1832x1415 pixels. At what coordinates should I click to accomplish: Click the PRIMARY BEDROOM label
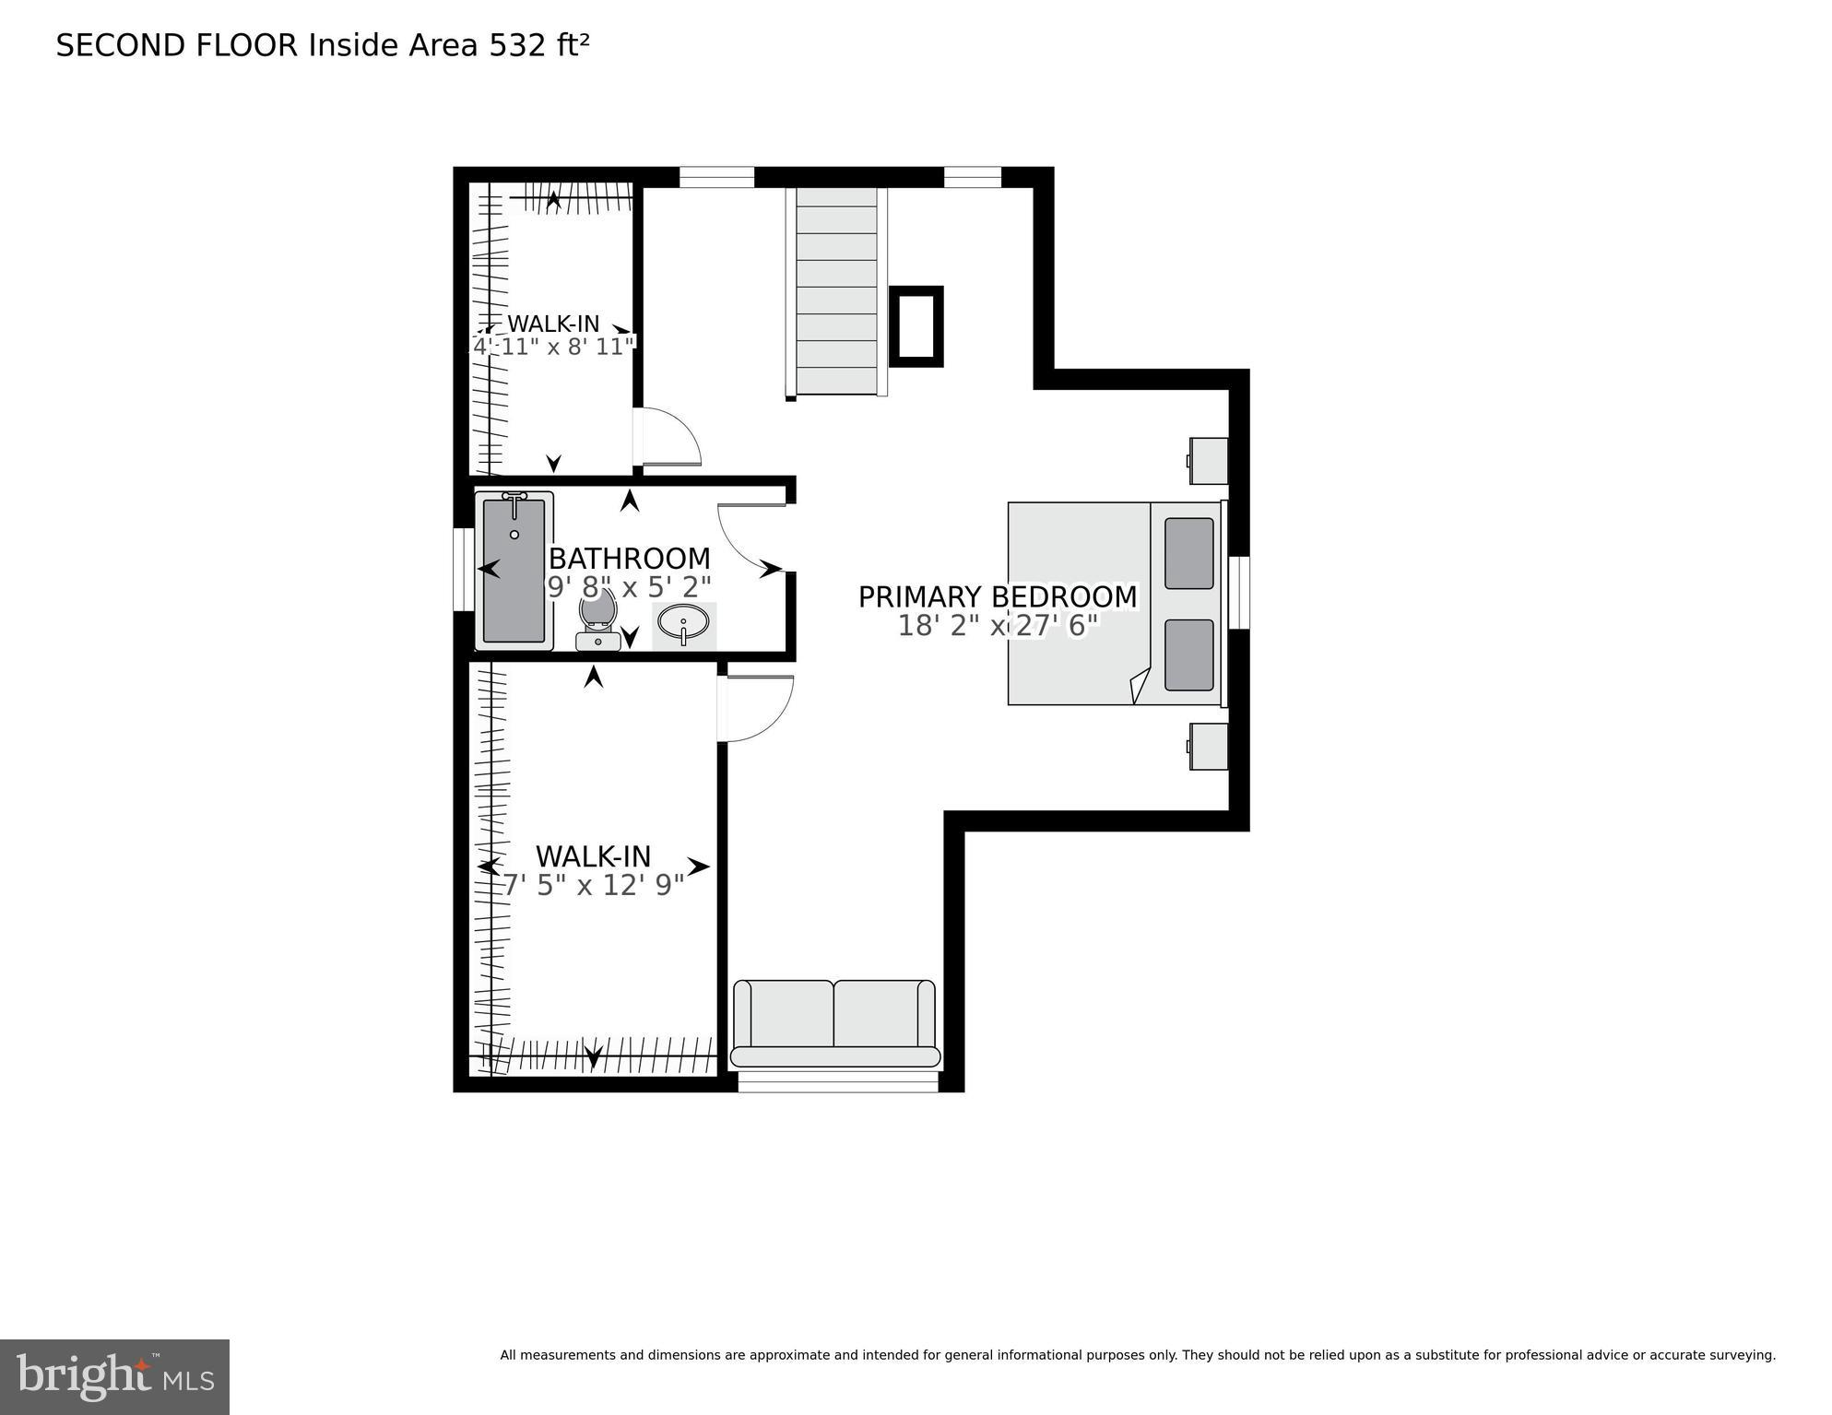[998, 597]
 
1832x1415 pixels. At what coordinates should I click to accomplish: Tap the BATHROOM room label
[630, 559]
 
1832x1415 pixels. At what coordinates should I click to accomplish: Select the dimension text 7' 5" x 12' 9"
[593, 886]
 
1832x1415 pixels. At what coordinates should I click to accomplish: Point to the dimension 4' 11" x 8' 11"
[554, 347]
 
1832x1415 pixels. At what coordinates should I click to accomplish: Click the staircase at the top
[836, 290]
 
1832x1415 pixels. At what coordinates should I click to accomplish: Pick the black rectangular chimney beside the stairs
[916, 326]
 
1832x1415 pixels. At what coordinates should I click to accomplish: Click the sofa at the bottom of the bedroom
[834, 1023]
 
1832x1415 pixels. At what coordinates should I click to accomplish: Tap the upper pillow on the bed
[1188, 553]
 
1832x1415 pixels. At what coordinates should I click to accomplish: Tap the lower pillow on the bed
[1188, 654]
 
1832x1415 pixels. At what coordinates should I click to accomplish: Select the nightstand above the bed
[1208, 460]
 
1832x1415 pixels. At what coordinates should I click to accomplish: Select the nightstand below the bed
[1208, 746]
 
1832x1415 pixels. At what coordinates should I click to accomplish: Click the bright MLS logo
[114, 1377]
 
